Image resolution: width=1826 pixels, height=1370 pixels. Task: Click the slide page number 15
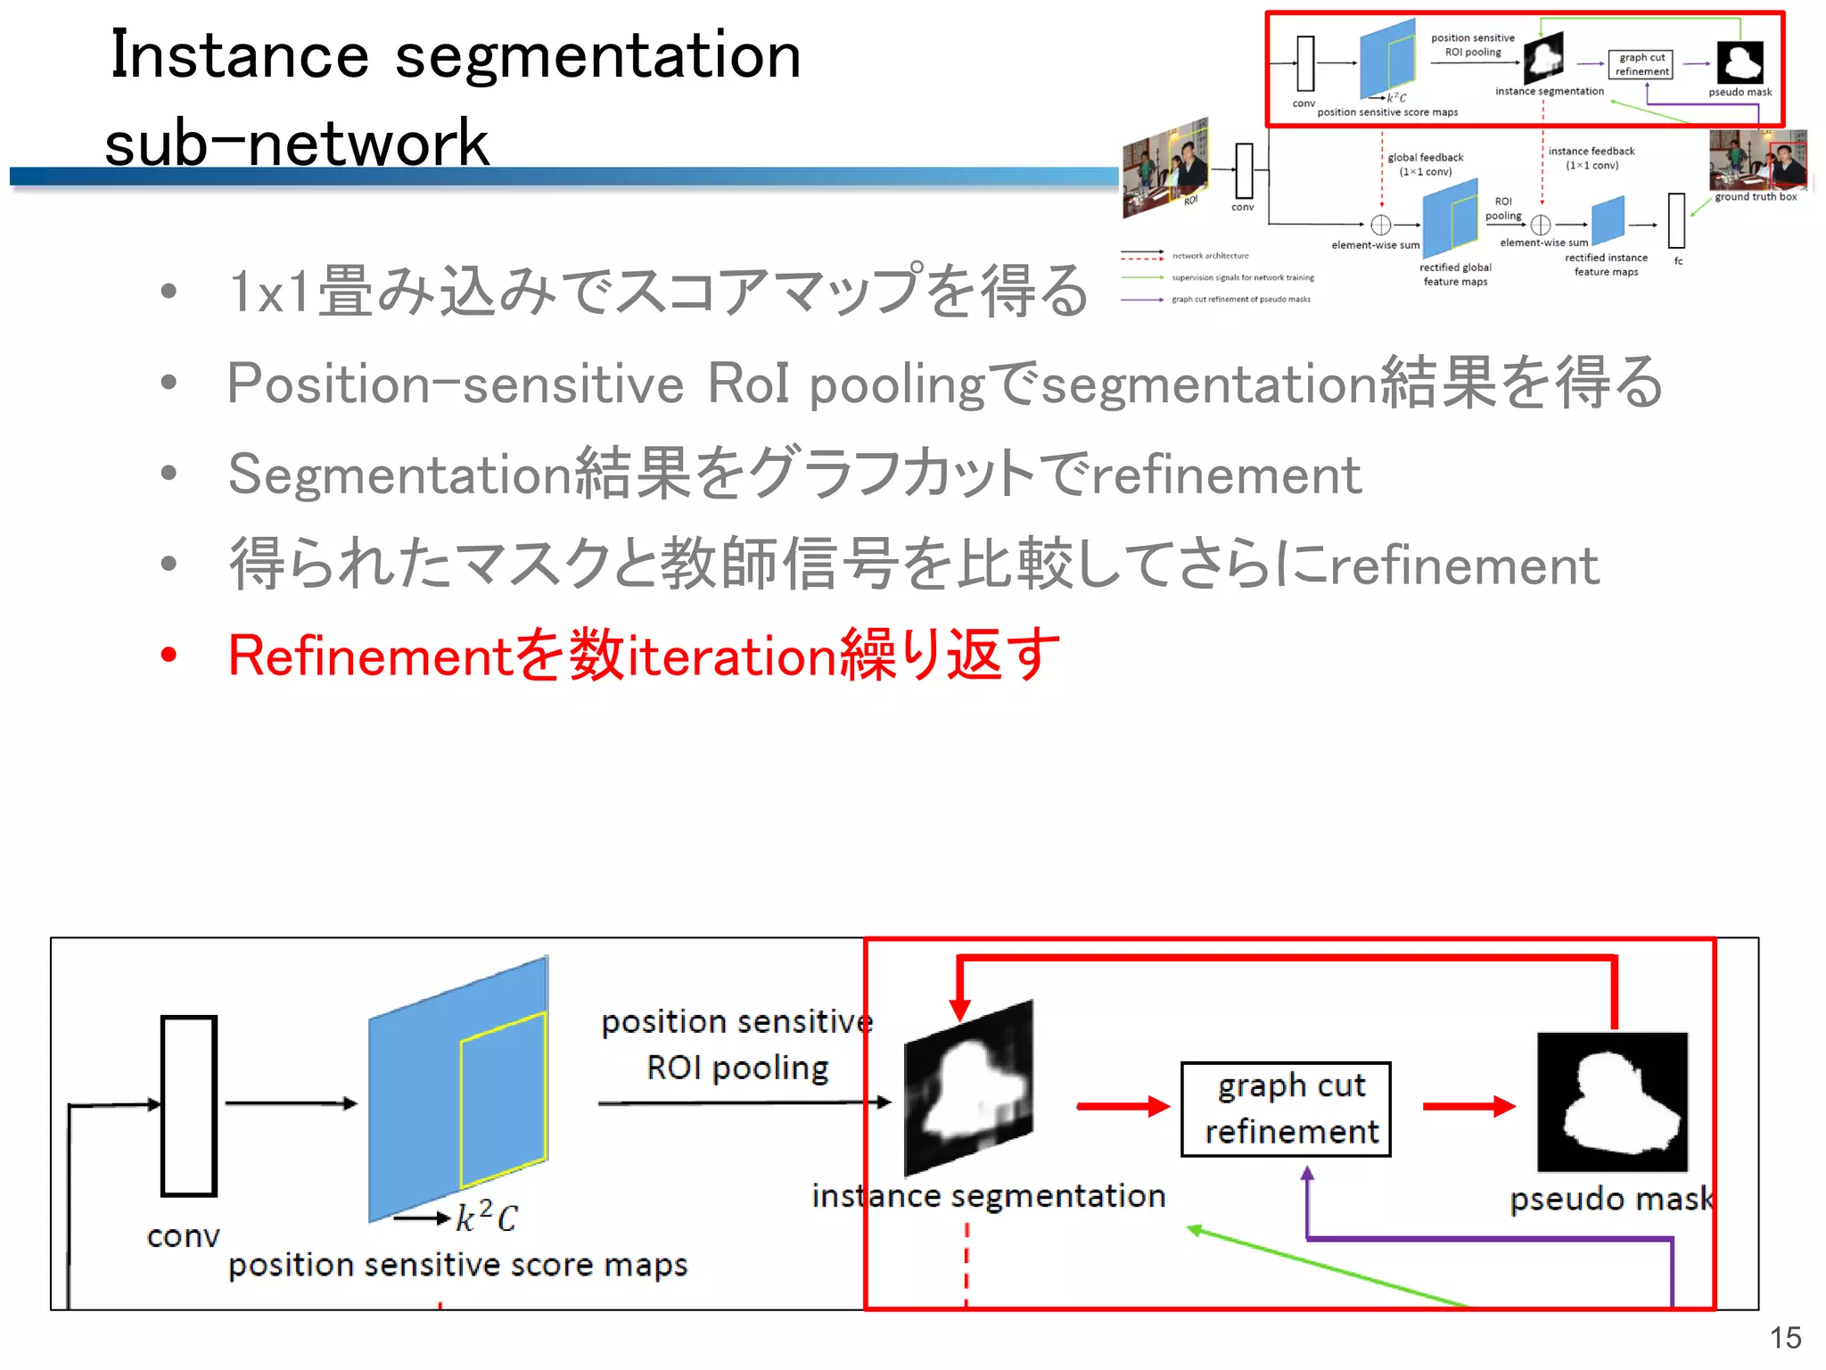1785,1338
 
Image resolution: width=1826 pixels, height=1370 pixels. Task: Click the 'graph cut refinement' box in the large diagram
1286,1109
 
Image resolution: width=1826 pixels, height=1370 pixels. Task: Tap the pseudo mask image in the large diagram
1612,1102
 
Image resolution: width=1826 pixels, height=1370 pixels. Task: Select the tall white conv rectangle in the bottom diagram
188,1105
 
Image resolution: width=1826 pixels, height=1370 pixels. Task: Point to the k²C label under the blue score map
486,1217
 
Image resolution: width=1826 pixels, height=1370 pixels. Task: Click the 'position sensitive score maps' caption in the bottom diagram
457,1265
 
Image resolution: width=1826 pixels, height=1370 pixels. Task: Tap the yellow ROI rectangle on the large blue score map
503,1099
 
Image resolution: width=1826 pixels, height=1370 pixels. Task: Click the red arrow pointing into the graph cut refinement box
1123,1107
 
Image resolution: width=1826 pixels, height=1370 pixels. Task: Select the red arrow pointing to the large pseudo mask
1468,1107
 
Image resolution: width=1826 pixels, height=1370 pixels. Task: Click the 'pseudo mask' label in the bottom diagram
1610,1199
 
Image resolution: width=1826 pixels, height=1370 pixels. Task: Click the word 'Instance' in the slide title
239,55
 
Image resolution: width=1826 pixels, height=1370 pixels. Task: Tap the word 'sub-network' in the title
297,143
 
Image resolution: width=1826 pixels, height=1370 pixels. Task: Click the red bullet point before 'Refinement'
169,656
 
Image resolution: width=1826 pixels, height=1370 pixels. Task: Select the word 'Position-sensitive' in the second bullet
455,384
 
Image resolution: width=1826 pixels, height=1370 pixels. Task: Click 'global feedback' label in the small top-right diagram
1425,158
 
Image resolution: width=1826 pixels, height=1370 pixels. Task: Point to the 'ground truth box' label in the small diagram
1755,197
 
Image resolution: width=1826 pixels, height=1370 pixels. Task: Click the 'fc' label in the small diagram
1678,261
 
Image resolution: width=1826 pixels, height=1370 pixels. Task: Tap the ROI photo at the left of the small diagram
1164,169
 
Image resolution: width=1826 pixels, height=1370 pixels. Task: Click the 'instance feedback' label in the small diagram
1591,152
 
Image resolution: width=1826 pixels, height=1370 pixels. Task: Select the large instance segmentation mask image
968,1088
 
